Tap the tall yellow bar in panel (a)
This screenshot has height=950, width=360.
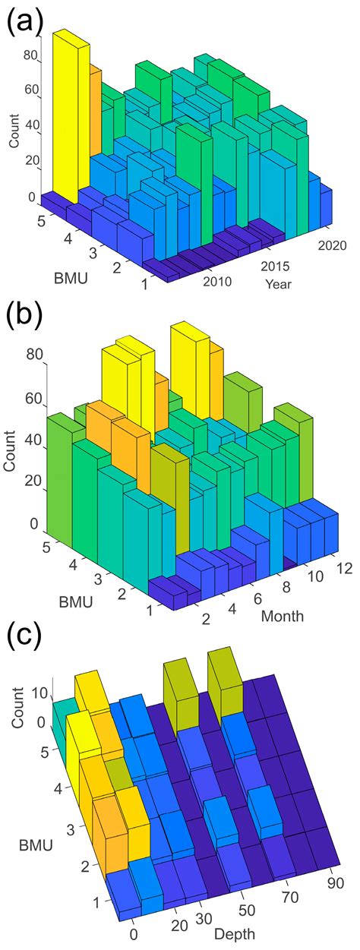pos(71,114)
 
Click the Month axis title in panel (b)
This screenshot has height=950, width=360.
pos(283,616)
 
